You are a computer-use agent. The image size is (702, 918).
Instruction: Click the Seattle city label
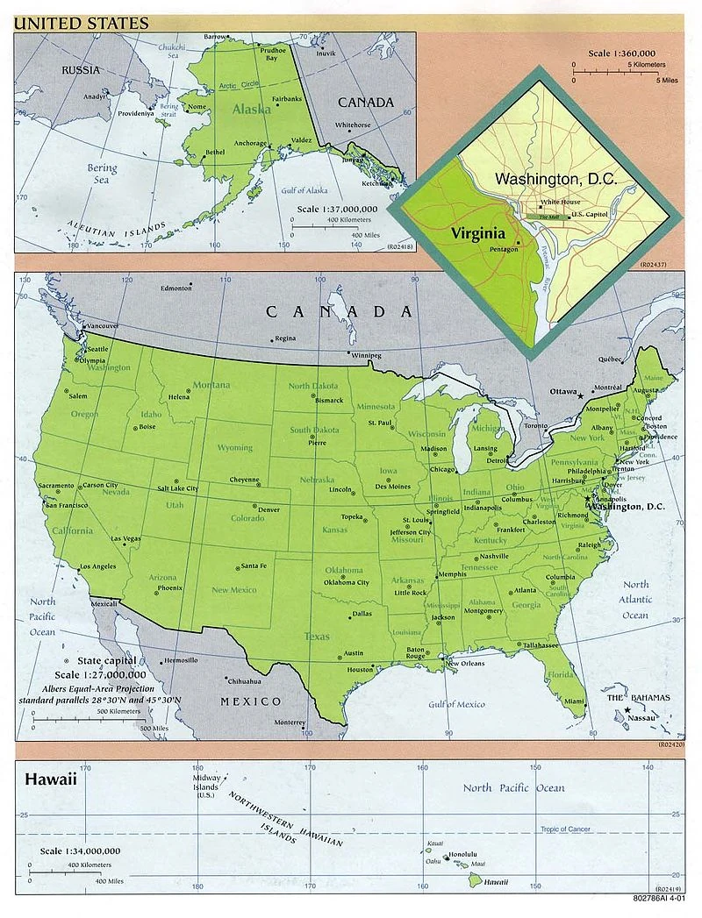click(98, 348)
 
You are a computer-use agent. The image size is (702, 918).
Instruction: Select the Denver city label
click(269, 509)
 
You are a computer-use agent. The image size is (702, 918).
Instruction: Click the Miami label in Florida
click(574, 701)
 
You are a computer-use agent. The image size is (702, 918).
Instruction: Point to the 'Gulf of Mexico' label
click(456, 704)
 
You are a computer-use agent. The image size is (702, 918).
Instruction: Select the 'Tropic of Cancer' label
click(565, 829)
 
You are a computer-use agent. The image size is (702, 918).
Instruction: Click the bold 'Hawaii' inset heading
click(51, 778)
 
